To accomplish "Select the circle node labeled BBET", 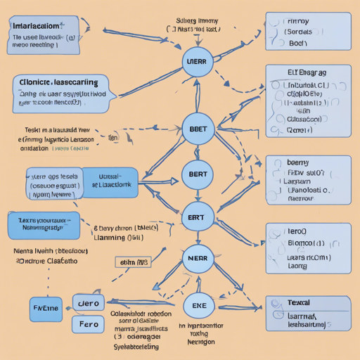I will (x=198, y=129).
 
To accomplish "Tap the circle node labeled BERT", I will (x=198, y=174).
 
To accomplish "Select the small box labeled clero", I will (x=89, y=303).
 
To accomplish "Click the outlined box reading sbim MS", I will (x=133, y=263).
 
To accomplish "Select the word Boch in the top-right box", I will (x=299, y=43).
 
